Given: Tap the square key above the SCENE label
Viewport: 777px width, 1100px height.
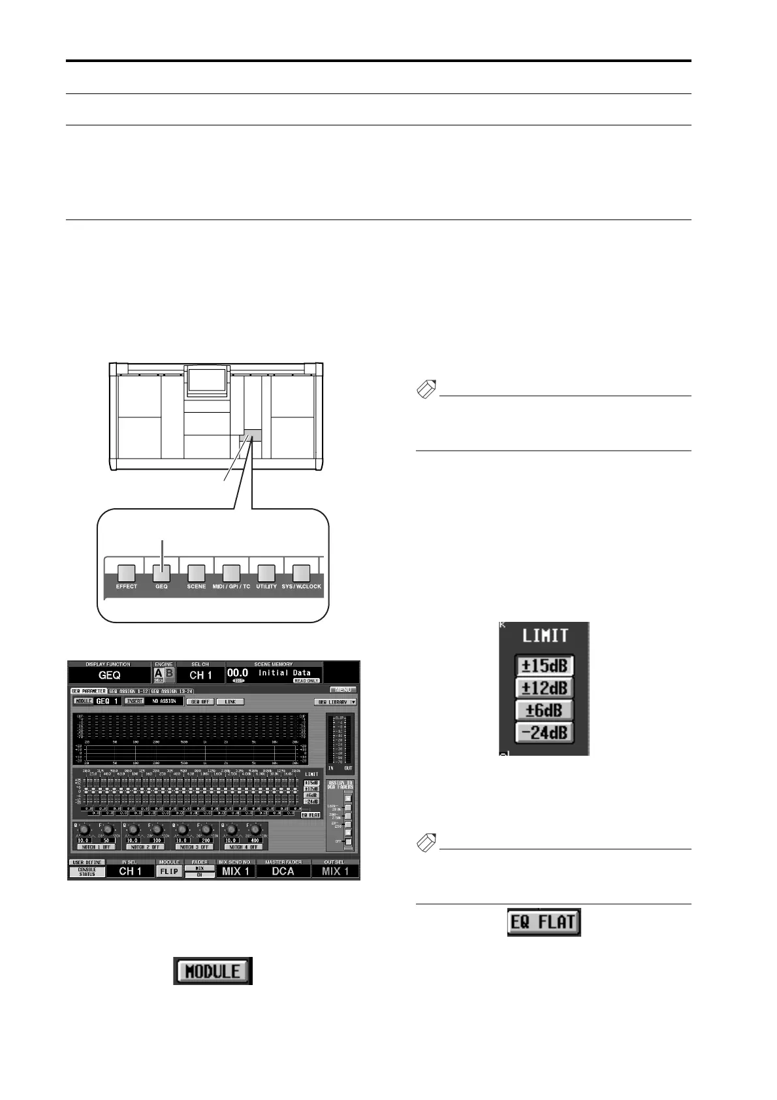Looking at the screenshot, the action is click(197, 573).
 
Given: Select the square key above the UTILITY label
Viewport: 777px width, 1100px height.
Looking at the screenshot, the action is click(266, 573).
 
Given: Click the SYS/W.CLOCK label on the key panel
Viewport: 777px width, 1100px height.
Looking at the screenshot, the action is click(301, 587).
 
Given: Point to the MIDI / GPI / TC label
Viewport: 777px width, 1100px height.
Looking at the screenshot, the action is click(231, 587).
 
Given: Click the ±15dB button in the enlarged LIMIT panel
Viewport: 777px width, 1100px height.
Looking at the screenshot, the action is click(544, 666).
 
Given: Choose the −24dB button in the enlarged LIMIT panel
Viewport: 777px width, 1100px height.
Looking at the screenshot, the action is click(544, 732).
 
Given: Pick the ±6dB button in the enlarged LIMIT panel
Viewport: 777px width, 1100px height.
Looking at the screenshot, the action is click(544, 710).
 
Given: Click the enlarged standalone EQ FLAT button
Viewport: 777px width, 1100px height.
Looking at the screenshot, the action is click(544, 922).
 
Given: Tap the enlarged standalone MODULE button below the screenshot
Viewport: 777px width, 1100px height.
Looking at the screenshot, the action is click(212, 971).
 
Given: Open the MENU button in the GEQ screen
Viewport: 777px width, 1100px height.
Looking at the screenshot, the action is click(343, 689).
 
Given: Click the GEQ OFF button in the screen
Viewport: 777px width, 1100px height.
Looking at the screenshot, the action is click(200, 702).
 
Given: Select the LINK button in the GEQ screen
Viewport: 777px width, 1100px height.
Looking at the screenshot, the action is click(230, 702).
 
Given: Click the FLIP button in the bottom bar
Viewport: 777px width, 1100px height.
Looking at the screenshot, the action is click(169, 871).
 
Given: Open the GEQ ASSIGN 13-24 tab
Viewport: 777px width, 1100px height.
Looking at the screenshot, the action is click(172, 690).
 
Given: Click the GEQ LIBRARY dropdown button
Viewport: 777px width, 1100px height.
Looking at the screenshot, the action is click(336, 702).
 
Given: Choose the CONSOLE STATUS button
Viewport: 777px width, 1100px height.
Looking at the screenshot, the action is click(87, 871).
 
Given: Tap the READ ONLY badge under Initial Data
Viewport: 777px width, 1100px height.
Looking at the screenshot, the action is click(306, 681).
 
